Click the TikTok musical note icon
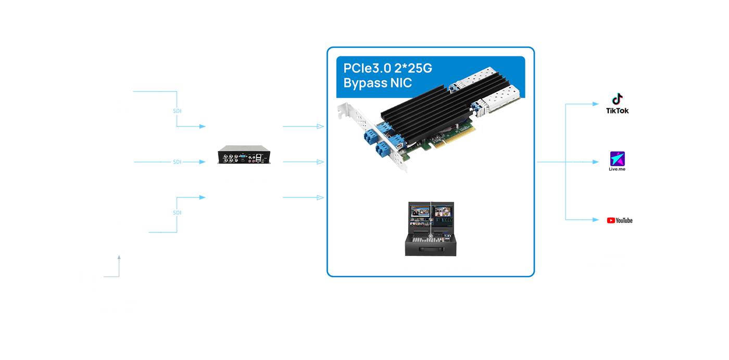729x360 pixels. tap(618, 99)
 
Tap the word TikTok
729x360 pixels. tap(618, 111)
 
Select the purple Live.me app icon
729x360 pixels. tap(618, 159)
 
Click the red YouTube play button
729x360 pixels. tap(611, 220)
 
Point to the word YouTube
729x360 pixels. tap(624, 220)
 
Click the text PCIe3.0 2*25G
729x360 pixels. tap(387, 68)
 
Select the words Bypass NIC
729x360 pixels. tap(378, 83)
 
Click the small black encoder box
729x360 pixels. tap(244, 155)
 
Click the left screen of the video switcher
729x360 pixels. tap(420, 215)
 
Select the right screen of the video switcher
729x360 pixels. tap(443, 215)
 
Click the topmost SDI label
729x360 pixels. tap(177, 111)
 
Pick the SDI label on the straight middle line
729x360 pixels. tap(177, 162)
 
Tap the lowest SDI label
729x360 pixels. tap(177, 213)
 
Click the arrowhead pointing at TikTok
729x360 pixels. tap(596, 104)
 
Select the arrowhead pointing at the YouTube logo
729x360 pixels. tap(596, 220)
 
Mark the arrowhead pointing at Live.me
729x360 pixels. tap(596, 162)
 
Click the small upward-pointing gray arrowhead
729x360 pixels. tap(119, 257)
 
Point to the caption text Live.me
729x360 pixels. tap(617, 169)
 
